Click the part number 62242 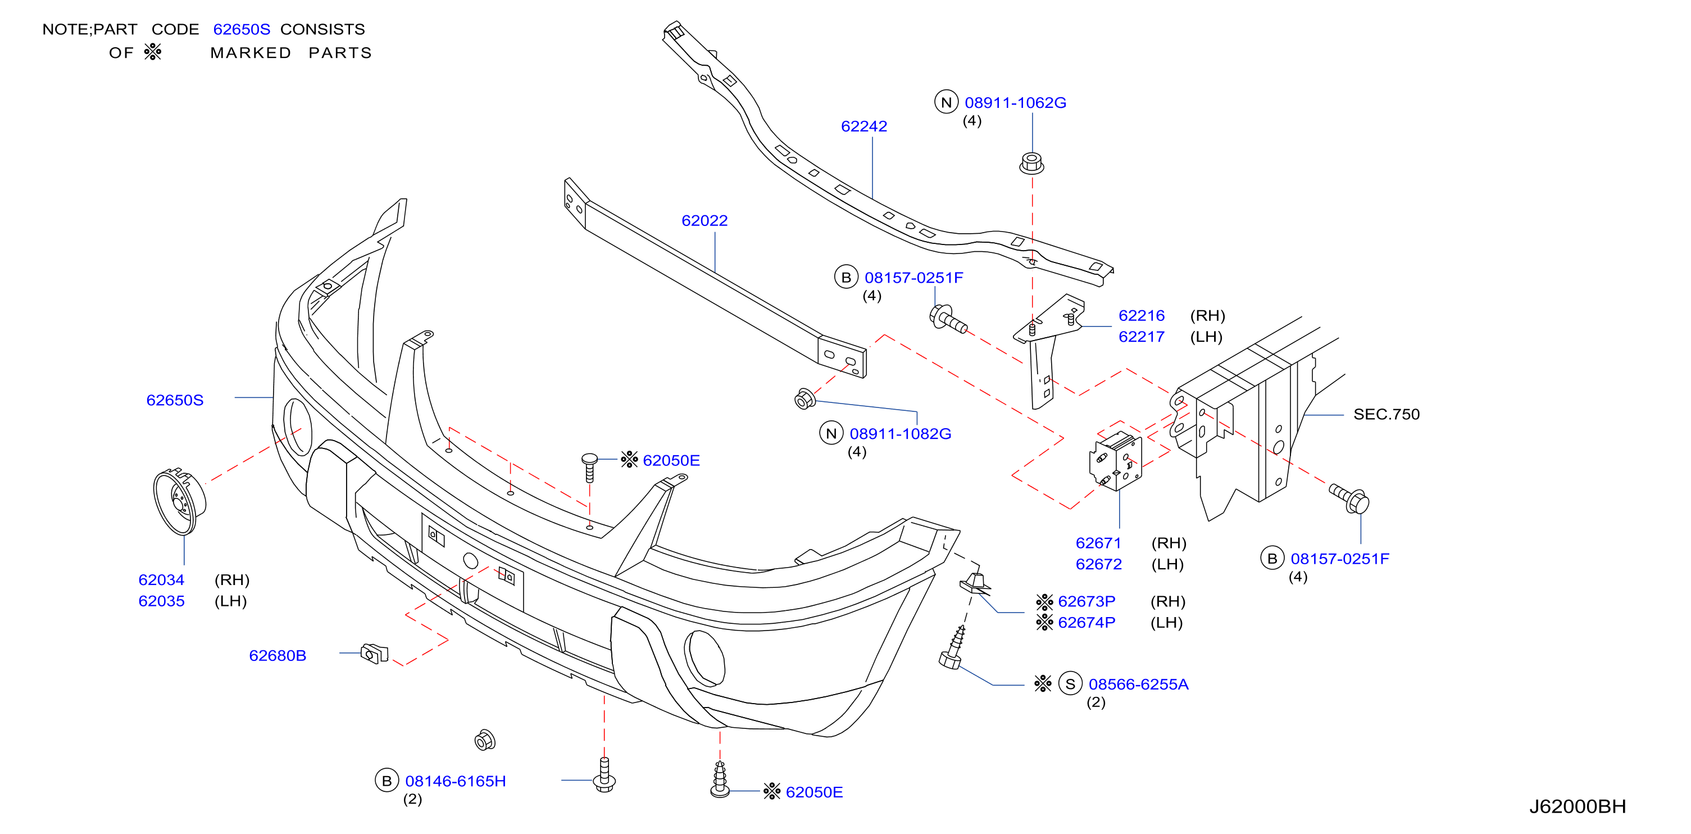point(864,126)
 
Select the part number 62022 point(704,221)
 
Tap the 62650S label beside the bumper point(175,400)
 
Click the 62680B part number point(278,655)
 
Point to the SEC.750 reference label point(1387,414)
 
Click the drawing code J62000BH point(1578,806)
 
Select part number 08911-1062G point(1016,102)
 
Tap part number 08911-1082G point(900,433)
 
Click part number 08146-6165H point(456,781)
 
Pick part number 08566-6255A point(1138,685)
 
